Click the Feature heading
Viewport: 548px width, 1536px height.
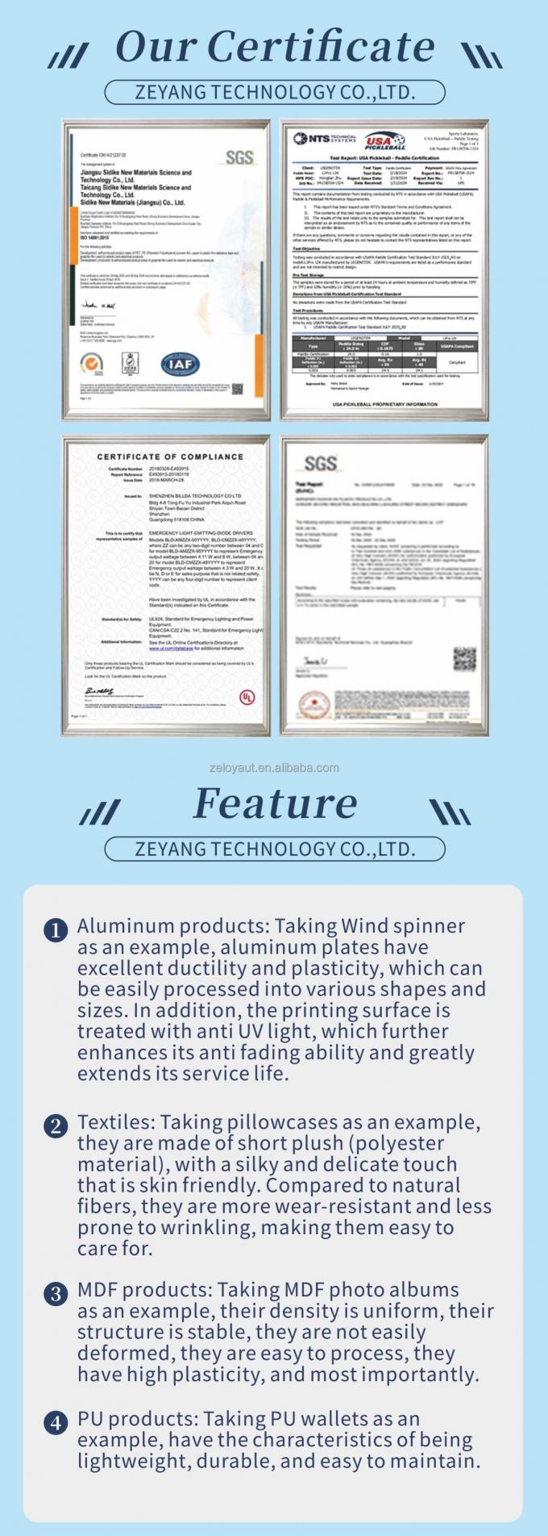276,803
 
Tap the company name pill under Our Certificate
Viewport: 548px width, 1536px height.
275,92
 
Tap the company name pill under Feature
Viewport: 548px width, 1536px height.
275,849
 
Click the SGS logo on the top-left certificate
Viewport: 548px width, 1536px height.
239,156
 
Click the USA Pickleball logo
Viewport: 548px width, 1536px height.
384,143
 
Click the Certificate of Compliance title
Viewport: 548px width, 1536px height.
170,457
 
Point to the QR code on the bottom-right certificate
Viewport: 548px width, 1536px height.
464,658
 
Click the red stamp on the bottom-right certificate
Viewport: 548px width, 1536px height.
313,701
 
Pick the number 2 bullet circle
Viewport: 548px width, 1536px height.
55,1125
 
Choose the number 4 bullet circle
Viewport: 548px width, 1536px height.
55,1422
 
